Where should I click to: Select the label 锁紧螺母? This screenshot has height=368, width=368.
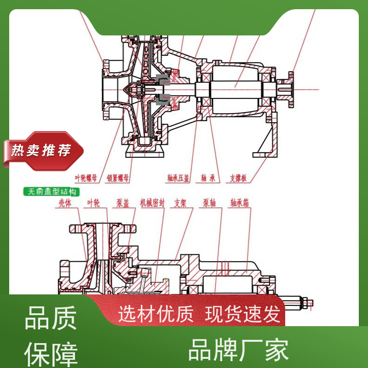[x=118, y=177]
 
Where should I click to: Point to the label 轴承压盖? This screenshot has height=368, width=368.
[x=178, y=177]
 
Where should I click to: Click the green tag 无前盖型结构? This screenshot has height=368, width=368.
[x=52, y=191]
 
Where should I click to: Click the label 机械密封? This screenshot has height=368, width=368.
[x=152, y=203]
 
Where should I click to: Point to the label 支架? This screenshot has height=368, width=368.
[x=183, y=203]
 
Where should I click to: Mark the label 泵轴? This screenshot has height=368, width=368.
[x=210, y=203]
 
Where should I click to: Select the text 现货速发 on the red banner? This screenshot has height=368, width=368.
[x=242, y=315]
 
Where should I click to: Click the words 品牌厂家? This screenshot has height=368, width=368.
[x=239, y=350]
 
